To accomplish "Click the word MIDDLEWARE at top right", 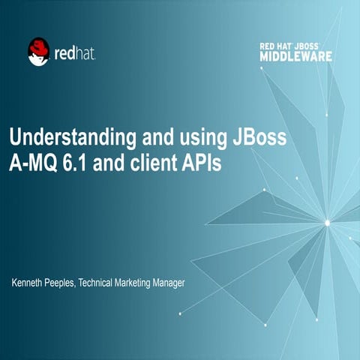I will point(296,56).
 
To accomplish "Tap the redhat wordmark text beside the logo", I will point(74,52).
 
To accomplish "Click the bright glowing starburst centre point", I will point(327,222).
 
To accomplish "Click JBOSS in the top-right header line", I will point(314,46).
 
